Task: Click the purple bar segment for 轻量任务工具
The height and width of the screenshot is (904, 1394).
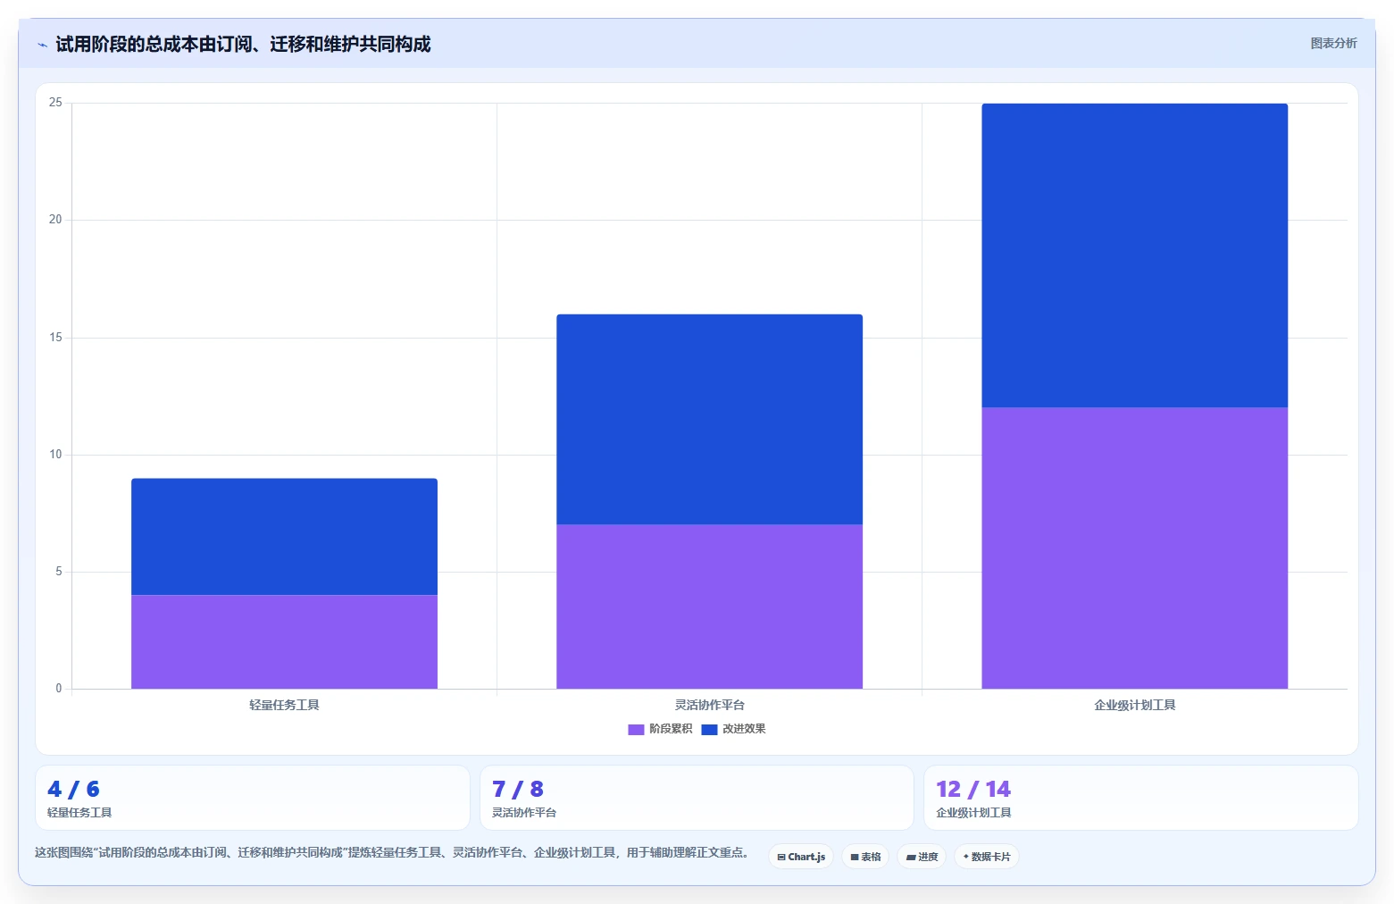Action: pyautogui.click(x=284, y=642)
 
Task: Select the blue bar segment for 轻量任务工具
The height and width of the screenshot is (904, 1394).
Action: pyautogui.click(x=284, y=537)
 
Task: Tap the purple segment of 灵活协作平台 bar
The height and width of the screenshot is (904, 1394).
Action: pyautogui.click(x=709, y=607)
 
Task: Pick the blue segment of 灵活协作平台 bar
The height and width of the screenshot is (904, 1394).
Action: pyautogui.click(x=709, y=419)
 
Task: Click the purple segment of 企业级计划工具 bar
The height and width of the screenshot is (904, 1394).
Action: pyautogui.click(x=1134, y=548)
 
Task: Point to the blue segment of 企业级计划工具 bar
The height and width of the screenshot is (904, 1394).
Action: pyautogui.click(x=1134, y=255)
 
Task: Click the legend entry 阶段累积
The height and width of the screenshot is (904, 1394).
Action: pyautogui.click(x=660, y=729)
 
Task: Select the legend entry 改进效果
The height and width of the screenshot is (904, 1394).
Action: pyautogui.click(x=734, y=729)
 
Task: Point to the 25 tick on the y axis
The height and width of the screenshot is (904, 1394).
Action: pyautogui.click(x=55, y=102)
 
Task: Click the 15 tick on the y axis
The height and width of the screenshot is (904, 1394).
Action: pyautogui.click(x=55, y=338)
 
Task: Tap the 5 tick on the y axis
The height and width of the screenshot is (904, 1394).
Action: pyautogui.click(x=59, y=572)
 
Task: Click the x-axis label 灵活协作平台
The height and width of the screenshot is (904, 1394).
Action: pyautogui.click(x=709, y=705)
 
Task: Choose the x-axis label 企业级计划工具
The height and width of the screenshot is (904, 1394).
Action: pyautogui.click(x=1134, y=705)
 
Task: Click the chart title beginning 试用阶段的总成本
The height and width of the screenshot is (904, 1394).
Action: pyautogui.click(x=243, y=44)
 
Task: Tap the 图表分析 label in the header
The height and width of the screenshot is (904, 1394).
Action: pyautogui.click(x=1333, y=44)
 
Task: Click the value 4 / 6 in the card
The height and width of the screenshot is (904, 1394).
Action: pyautogui.click(x=73, y=789)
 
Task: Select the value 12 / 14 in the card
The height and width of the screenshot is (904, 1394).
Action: pyautogui.click(x=973, y=789)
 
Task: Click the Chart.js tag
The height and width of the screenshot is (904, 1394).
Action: pyautogui.click(x=801, y=857)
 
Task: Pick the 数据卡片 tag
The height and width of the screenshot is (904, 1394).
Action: pyautogui.click(x=987, y=857)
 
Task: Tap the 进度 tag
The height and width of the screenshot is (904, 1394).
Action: pyautogui.click(x=922, y=857)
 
